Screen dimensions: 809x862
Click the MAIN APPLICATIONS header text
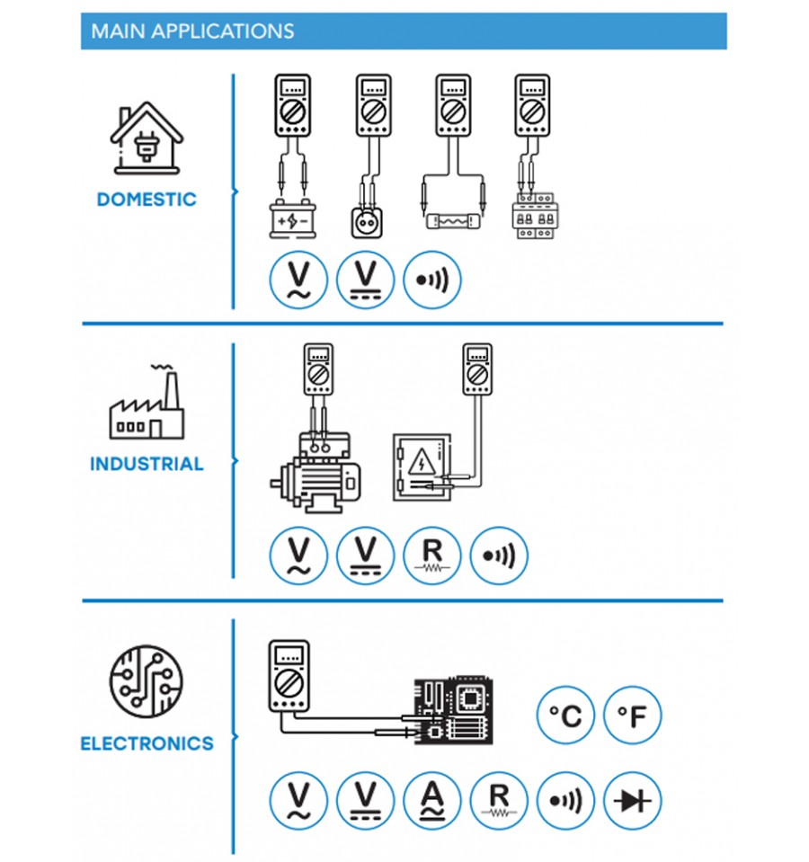192,31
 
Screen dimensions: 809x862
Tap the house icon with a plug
147,138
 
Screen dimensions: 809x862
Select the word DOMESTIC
147,199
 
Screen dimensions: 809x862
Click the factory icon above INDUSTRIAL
147,402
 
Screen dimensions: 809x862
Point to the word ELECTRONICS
147,744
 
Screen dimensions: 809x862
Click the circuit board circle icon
147,681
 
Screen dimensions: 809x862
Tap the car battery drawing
292,219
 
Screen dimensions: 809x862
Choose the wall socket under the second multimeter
367,223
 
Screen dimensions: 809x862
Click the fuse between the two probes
453,221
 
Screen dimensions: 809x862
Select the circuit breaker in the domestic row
532,215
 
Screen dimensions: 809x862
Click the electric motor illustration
316,474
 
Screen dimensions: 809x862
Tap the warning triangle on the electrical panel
422,462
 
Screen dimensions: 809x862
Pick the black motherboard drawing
453,711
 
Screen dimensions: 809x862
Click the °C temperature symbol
565,715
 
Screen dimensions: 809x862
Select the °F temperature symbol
632,715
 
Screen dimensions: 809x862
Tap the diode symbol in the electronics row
632,800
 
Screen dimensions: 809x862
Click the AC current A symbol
432,800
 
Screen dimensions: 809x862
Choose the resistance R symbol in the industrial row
432,555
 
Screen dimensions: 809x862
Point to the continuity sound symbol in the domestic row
432,280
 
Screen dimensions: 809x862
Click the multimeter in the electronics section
289,676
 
